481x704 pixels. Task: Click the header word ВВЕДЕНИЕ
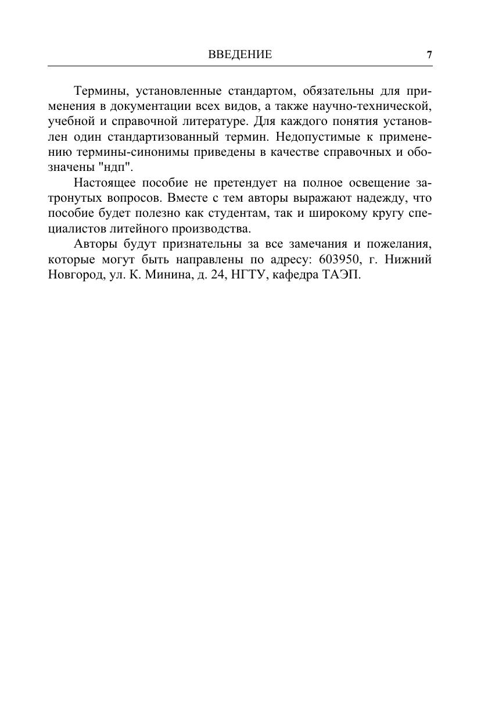tap(240, 55)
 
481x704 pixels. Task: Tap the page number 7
tap(429, 55)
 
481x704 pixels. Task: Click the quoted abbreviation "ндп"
tap(120, 167)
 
